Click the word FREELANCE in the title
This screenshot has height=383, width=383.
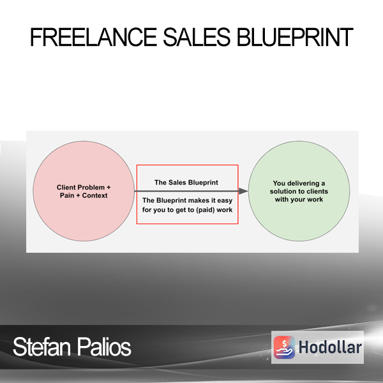93,37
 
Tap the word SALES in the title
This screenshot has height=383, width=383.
197,37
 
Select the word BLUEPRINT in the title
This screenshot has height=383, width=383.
295,37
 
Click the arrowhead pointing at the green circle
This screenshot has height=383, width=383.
244,191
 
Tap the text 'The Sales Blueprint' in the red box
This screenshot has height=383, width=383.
186,183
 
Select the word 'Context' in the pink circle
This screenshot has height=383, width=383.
94,195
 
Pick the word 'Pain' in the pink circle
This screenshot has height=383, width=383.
67,195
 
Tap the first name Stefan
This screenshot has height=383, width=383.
41,347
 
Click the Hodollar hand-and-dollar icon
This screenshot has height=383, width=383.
284,347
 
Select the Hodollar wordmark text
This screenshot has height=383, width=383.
330,347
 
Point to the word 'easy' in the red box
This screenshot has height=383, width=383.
225,200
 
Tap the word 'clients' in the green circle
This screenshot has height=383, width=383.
317,191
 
